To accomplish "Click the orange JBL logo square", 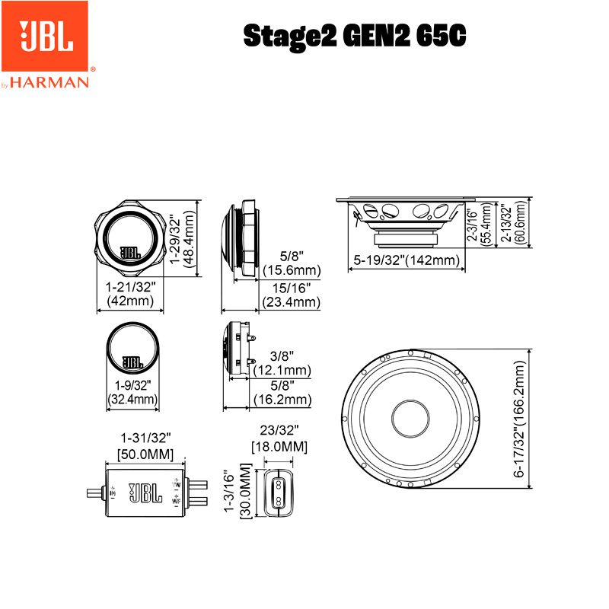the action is pyautogui.click(x=45, y=36).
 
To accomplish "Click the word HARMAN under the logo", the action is pyautogui.click(x=49, y=82).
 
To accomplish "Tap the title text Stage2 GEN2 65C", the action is pyautogui.click(x=354, y=36).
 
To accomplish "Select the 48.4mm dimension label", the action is pyautogui.click(x=188, y=239).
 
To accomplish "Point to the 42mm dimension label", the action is pyautogui.click(x=130, y=301).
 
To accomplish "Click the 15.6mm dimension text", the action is pyautogui.click(x=292, y=270).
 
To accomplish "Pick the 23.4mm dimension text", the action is pyautogui.click(x=292, y=301).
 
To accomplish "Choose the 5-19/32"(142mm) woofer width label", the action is pyautogui.click(x=407, y=260).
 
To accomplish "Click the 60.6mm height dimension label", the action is pyautogui.click(x=520, y=222).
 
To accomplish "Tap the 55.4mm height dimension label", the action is pyautogui.click(x=486, y=225).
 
